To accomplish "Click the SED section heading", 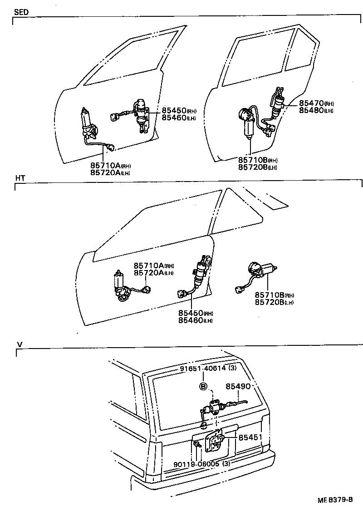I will coord(21,12).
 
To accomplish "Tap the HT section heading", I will coord(20,178).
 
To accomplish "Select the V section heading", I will coord(19,344).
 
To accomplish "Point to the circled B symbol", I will coord(203,387).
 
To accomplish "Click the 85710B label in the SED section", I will coord(252,160).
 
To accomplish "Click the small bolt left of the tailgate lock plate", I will coord(197,447).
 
